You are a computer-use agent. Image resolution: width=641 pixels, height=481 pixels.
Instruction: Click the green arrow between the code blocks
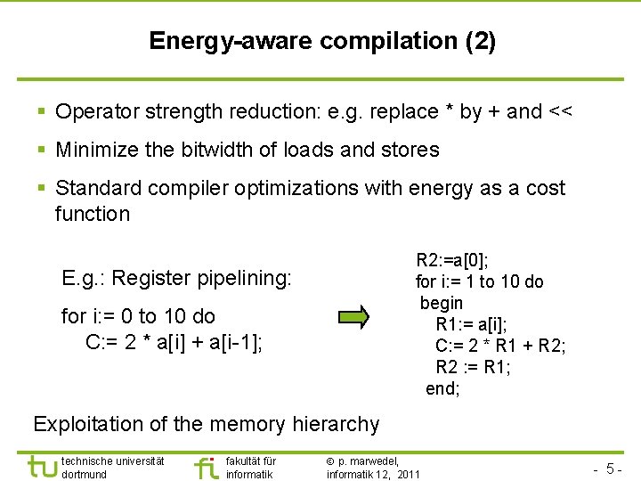click(353, 316)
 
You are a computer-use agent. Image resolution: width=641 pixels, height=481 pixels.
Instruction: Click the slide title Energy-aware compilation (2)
click(322, 41)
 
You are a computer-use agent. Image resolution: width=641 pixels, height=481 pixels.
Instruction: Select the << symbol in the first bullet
click(561, 111)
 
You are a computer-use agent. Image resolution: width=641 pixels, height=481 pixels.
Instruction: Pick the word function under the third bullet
click(93, 214)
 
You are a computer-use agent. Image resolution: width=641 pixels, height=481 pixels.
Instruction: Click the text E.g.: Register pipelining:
click(176, 278)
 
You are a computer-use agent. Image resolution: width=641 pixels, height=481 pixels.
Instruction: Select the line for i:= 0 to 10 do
click(138, 316)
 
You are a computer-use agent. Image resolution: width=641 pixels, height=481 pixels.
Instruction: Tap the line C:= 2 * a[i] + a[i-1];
click(174, 342)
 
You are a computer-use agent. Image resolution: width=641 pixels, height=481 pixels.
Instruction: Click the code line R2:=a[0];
click(452, 261)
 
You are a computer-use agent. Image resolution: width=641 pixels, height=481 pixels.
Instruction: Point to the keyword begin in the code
click(442, 303)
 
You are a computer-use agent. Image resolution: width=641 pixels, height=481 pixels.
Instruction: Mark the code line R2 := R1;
click(473, 367)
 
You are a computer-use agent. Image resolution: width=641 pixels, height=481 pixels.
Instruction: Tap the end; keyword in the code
click(442, 388)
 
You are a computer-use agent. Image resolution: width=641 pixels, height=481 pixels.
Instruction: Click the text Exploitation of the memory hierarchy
click(207, 425)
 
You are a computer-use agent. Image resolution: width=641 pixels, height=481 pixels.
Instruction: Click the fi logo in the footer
click(205, 467)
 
